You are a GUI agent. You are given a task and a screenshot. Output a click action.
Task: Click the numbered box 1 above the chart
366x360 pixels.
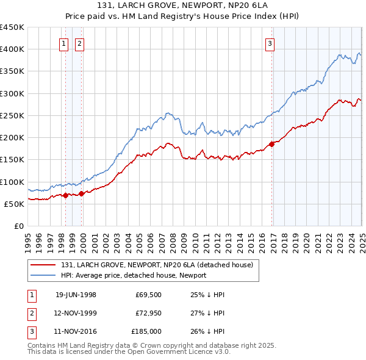pyautogui.click(x=64, y=43)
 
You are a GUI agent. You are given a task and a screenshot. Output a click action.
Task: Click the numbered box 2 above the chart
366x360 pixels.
pyautogui.click(x=80, y=43)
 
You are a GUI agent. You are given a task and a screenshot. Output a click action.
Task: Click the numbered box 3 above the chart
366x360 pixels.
pyautogui.click(x=270, y=43)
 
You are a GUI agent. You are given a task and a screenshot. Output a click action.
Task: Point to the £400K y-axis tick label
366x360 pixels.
pyautogui.click(x=12, y=49)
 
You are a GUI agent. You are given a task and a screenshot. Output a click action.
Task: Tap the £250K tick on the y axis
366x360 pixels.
pyautogui.click(x=12, y=115)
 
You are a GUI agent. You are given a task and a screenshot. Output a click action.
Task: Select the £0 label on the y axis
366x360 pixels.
pyautogui.click(x=18, y=226)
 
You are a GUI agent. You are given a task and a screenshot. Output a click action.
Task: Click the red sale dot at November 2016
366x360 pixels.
pyautogui.click(x=272, y=145)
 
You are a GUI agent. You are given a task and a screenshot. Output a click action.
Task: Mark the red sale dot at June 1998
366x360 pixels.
pyautogui.click(x=66, y=195)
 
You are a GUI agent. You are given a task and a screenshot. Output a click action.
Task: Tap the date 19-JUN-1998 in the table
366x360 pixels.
pyautogui.click(x=76, y=295)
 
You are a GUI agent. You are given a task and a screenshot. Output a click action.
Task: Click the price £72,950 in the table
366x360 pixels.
pyautogui.click(x=148, y=314)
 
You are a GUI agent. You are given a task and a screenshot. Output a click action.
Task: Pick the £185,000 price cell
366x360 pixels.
pyautogui.click(x=146, y=333)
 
